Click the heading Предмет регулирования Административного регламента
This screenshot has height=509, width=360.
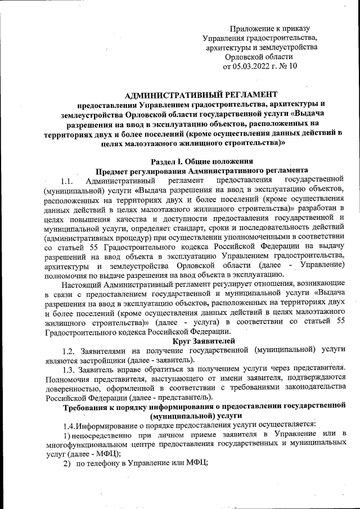click(x=201, y=170)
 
